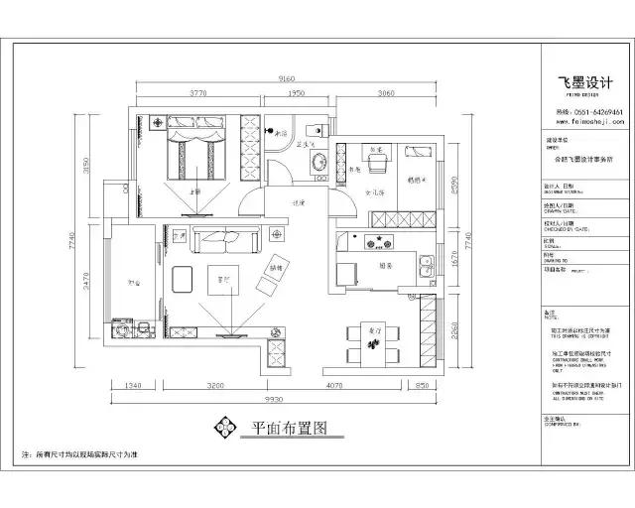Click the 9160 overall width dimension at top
pos(287,78)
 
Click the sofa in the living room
pos(226,238)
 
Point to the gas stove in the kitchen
pos(376,239)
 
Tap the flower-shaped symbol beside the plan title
pos(224,429)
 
